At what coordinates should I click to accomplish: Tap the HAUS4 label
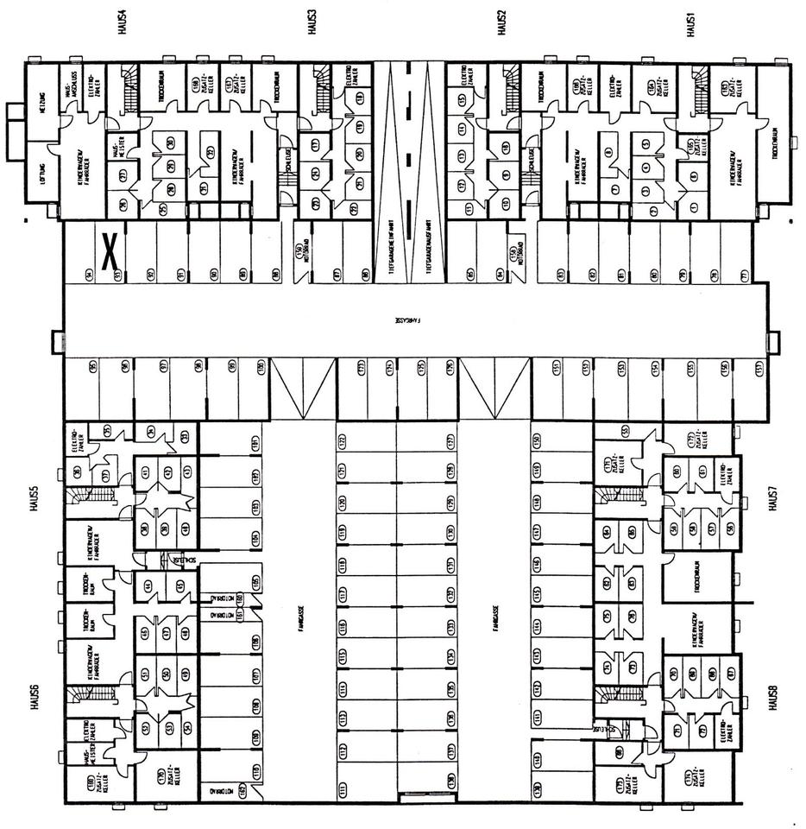tap(122, 24)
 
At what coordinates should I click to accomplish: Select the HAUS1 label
tap(690, 24)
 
